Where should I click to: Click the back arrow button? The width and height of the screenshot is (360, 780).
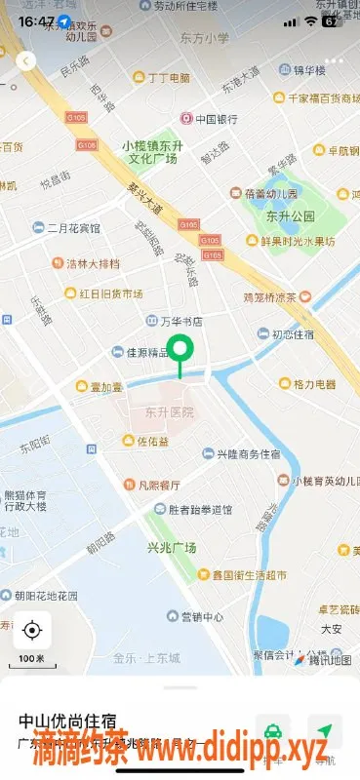tap(26, 60)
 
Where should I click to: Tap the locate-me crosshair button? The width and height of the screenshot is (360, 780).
tap(32, 631)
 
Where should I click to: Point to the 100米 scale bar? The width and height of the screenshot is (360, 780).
tap(32, 662)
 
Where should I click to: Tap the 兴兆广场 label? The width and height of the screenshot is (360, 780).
tap(171, 547)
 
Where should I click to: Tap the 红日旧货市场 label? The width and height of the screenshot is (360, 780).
tap(103, 293)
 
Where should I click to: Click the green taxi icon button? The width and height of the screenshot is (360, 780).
tap(274, 731)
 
